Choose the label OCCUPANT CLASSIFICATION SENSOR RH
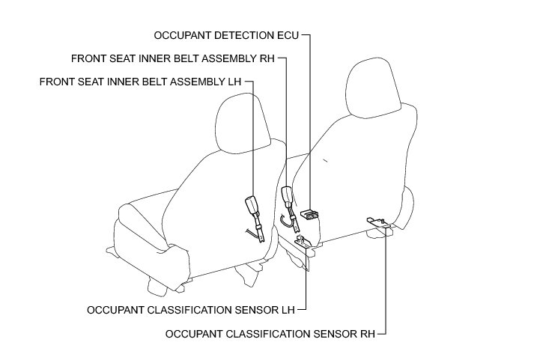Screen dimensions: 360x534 tap(275, 330)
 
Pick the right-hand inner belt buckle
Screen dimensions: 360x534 tap(286, 196)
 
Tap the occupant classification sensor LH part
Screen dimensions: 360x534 tap(303, 241)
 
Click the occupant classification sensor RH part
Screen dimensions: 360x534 tap(375, 221)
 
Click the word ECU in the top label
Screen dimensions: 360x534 tap(288, 35)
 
